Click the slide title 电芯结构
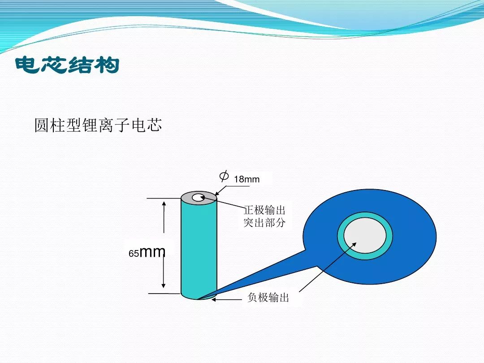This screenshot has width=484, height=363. tap(67, 65)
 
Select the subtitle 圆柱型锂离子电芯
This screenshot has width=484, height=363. tap(98, 125)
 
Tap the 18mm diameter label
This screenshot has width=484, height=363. tap(246, 179)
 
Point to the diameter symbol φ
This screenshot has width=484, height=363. tap(224, 176)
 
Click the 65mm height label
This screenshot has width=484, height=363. tap(147, 252)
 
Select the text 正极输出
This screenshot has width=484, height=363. tap(264, 210)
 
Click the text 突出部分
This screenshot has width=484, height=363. tap(264, 222)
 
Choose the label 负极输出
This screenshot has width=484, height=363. tap(268, 297)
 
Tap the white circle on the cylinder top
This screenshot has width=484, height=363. tap(198, 198)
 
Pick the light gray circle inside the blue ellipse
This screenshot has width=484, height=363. tap(365, 236)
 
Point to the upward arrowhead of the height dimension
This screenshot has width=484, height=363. tap(164, 204)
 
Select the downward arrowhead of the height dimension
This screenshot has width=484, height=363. tap(164, 285)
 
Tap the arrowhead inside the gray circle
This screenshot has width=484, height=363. tap(354, 245)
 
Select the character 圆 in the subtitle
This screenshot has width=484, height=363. tap(42, 125)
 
